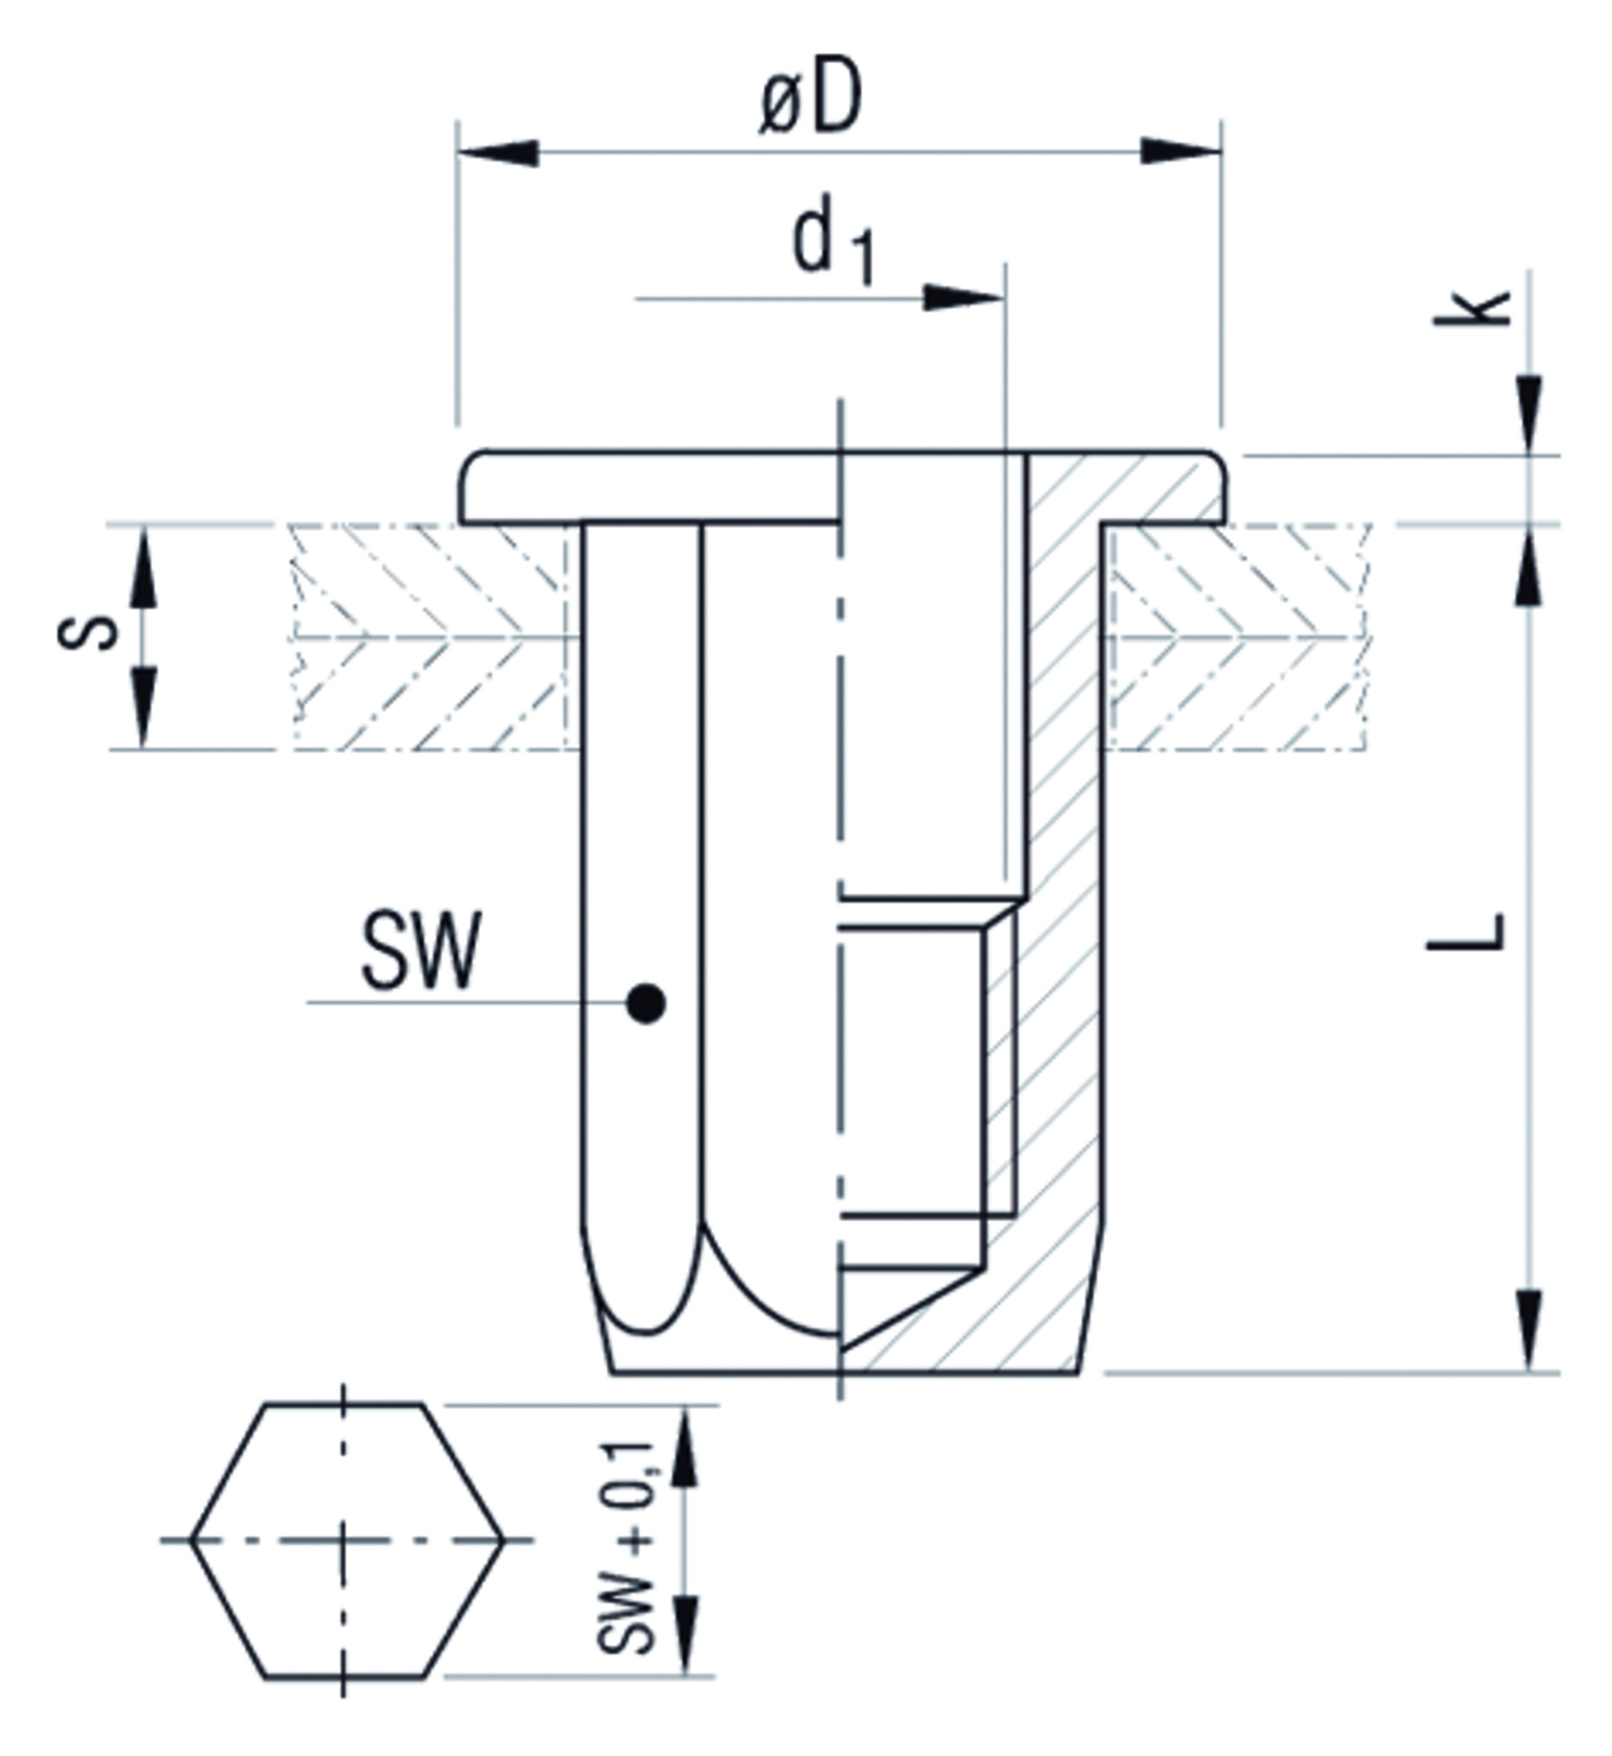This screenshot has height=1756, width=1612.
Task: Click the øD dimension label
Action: pyautogui.click(x=810, y=101)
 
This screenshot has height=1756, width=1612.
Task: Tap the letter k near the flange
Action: pyautogui.click(x=1471, y=308)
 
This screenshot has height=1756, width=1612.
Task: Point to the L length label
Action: pyautogui.click(x=1466, y=933)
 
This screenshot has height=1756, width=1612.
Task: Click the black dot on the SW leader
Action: pyautogui.click(x=646, y=1003)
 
